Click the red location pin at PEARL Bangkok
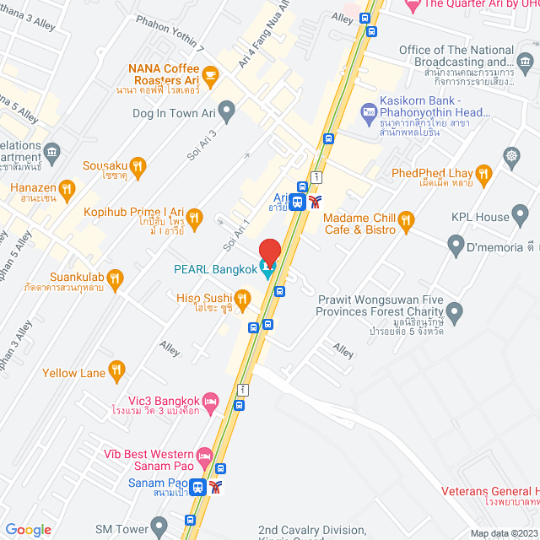pos(269,251)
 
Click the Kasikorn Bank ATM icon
pos(369,110)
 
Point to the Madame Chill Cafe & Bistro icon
pos(406,222)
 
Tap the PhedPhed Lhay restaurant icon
pos(483,175)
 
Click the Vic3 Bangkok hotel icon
pos(211,399)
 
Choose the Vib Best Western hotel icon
pos(203,455)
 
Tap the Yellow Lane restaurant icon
pos(116,369)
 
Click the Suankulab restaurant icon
pos(116,277)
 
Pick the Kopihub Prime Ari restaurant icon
pos(194,219)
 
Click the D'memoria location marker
pos(456,247)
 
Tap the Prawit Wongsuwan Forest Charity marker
pos(455,314)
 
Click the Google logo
pos(28,529)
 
